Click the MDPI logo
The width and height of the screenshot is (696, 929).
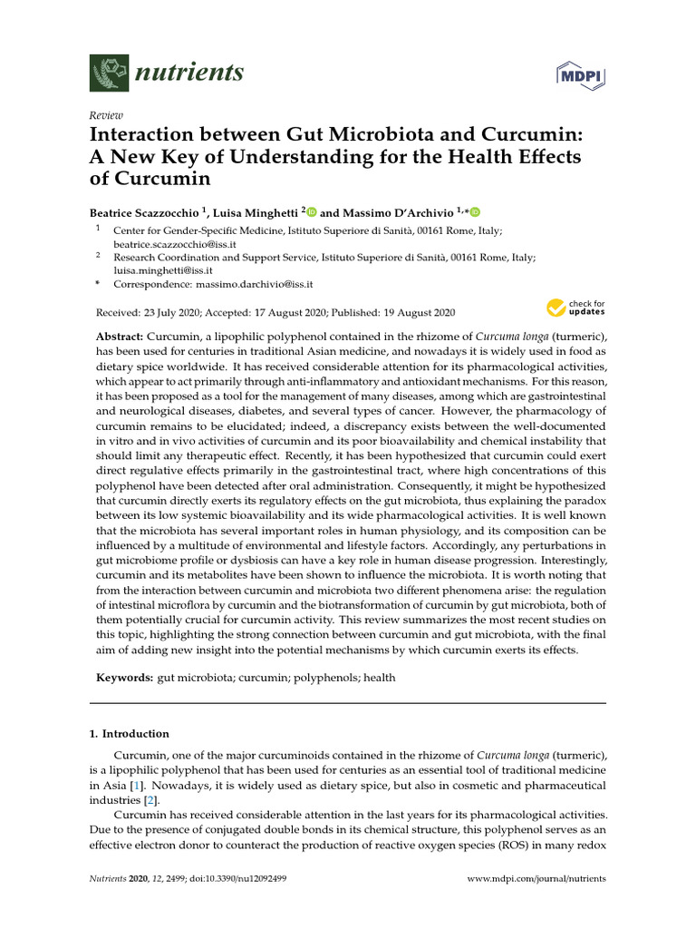582,73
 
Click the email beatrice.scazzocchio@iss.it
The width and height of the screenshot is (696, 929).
163,245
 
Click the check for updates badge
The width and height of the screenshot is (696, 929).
575,308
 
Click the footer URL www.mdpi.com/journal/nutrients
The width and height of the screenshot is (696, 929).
536,879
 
